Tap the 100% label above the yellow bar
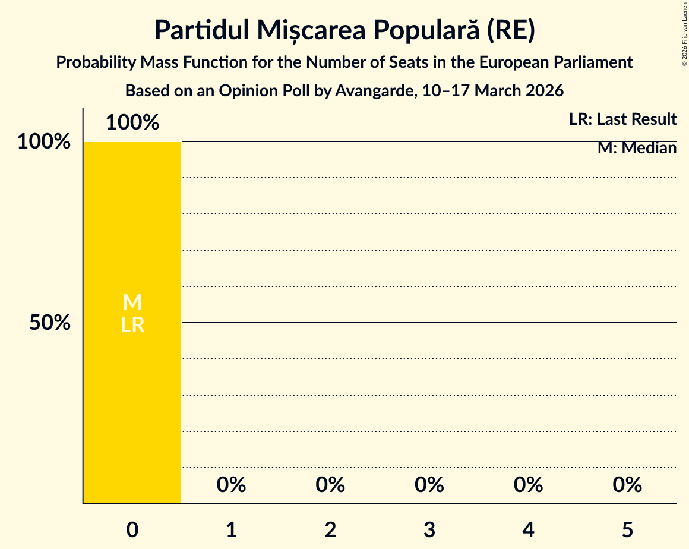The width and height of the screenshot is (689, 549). coord(132,122)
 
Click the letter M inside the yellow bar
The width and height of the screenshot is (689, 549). coord(132,302)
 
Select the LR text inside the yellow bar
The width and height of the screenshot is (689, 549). coord(132,325)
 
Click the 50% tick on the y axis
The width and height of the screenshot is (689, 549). coord(50,323)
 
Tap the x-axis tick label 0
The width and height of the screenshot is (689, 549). coord(132,529)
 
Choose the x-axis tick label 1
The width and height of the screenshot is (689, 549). coord(232,529)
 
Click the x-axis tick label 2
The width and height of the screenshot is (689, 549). coord(330,529)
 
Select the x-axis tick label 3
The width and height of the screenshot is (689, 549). coord(429,529)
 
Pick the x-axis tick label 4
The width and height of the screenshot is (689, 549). coord(529,529)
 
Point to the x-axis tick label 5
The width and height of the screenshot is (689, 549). coord(627,529)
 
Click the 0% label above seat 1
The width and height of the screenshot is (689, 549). coord(232,485)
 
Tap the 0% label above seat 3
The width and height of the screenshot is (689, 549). coord(429,485)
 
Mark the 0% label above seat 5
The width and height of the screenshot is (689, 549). coord(627,485)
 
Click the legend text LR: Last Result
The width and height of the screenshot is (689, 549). coord(622,119)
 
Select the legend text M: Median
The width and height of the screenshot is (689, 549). coord(637,148)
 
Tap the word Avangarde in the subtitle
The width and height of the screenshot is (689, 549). coord(375,91)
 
